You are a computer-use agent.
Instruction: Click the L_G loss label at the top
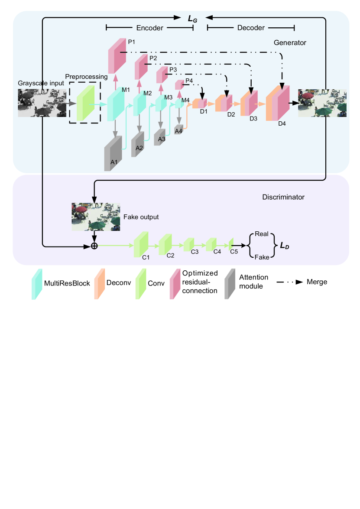point(192,19)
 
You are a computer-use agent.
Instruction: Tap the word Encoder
point(149,28)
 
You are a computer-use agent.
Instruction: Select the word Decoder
point(251,28)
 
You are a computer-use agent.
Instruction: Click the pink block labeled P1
point(117,56)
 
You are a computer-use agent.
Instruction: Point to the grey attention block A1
point(113,153)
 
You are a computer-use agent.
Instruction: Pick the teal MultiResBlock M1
point(116,104)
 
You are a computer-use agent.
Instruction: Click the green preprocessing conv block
point(85,103)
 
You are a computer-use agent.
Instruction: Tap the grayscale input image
point(42,103)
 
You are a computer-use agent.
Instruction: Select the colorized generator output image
point(322,103)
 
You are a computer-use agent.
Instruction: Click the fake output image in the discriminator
point(96,217)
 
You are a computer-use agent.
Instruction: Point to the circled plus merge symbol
point(94,246)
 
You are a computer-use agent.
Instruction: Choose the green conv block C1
point(141,244)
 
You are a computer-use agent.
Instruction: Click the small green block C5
point(231,244)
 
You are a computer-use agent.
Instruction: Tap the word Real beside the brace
point(262,234)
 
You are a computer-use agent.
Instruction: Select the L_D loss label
point(285,246)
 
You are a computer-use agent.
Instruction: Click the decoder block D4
point(278,103)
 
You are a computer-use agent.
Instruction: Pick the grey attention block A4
point(178,130)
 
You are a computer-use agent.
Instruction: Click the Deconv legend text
point(119,283)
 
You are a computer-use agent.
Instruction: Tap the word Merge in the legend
point(317,282)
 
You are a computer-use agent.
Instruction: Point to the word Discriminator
point(283,197)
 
